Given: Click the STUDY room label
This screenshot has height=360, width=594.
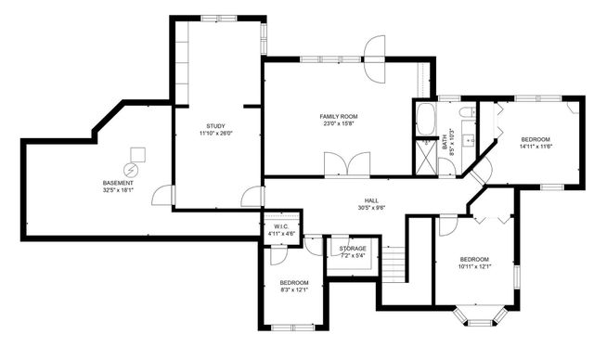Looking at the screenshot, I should pyautogui.click(x=216, y=126).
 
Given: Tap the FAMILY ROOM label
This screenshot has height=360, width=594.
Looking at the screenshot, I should pyautogui.click(x=340, y=116).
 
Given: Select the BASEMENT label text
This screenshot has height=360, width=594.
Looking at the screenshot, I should pyautogui.click(x=118, y=183).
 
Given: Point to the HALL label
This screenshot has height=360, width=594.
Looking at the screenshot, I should pyautogui.click(x=370, y=200).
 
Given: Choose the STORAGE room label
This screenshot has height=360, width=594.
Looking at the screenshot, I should pyautogui.click(x=352, y=249).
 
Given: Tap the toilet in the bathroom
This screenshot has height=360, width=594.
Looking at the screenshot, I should pyautogui.click(x=469, y=112).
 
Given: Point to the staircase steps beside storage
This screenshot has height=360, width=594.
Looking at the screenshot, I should pyautogui.click(x=395, y=262).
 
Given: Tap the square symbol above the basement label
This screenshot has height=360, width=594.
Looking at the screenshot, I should pyautogui.click(x=137, y=153).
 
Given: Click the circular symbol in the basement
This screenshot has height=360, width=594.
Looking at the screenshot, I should pyautogui.click(x=130, y=170).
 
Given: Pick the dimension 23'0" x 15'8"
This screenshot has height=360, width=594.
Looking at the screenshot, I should pyautogui.click(x=340, y=124).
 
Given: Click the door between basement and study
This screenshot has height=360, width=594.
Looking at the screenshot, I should pyautogui.click(x=165, y=194).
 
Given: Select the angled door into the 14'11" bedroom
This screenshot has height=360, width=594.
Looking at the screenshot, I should pyautogui.click(x=482, y=169).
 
